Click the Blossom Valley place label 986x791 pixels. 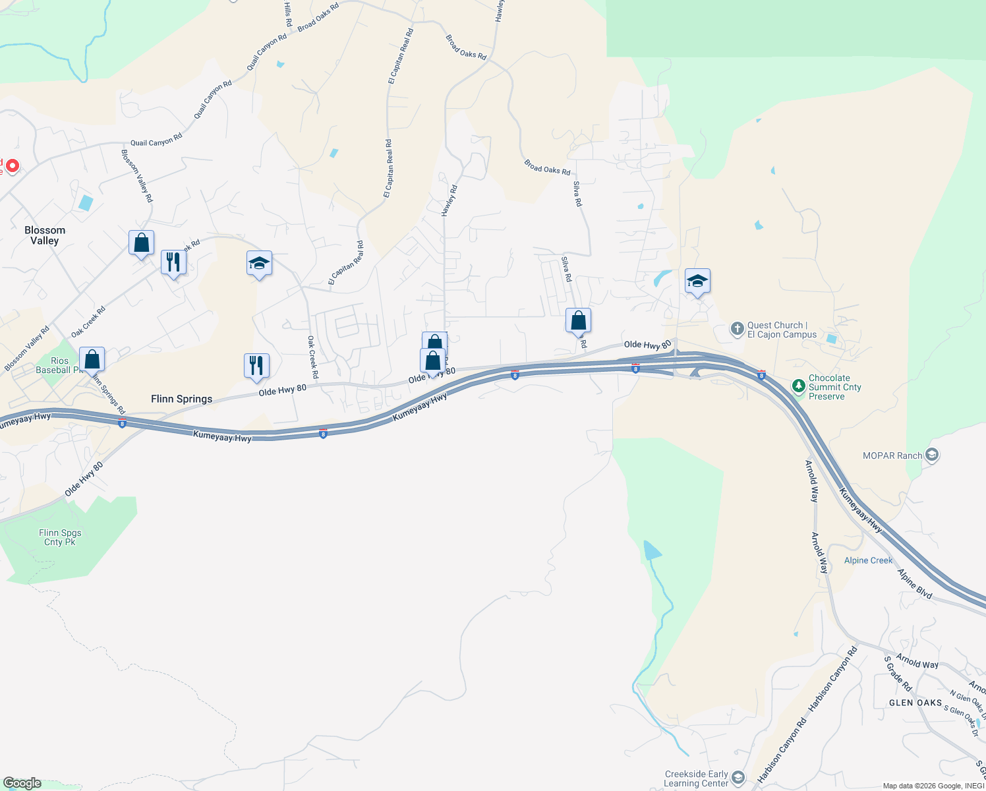[x=45, y=235]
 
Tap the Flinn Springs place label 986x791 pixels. [x=181, y=399]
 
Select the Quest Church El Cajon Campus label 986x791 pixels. [x=782, y=330]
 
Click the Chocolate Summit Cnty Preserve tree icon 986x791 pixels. [x=799, y=384]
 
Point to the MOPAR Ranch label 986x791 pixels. [x=892, y=455]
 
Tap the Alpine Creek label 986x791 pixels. [x=868, y=560]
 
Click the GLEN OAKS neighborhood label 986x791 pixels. [x=915, y=703]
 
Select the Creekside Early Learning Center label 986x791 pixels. [x=696, y=778]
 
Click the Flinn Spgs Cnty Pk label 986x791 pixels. [x=60, y=537]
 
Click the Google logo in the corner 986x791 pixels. [x=22, y=783]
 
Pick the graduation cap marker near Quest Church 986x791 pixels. [x=697, y=281]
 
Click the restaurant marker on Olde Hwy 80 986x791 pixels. [x=256, y=366]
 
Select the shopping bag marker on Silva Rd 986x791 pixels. [x=578, y=321]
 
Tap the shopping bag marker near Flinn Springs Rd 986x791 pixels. [x=92, y=360]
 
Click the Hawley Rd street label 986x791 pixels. [x=449, y=200]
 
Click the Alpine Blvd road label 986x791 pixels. [x=915, y=584]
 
